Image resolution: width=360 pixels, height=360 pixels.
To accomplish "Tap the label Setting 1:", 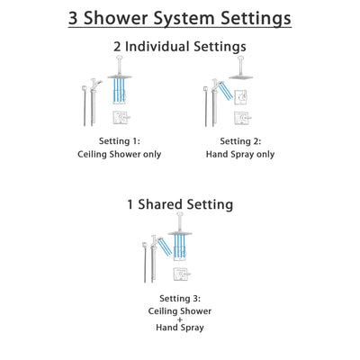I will coord(120,141).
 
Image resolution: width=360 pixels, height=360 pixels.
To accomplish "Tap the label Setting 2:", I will coord(240,141).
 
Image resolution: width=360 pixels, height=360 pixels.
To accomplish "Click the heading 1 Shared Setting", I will coord(180,204).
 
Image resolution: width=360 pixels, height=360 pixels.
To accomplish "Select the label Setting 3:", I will coord(180,299).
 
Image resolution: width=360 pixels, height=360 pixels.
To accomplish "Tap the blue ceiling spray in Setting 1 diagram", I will coord(120,90).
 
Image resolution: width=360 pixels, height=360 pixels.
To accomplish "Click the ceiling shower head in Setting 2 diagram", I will coord(239,76).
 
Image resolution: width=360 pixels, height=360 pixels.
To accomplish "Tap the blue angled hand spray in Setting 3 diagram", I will coord(163,247).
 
